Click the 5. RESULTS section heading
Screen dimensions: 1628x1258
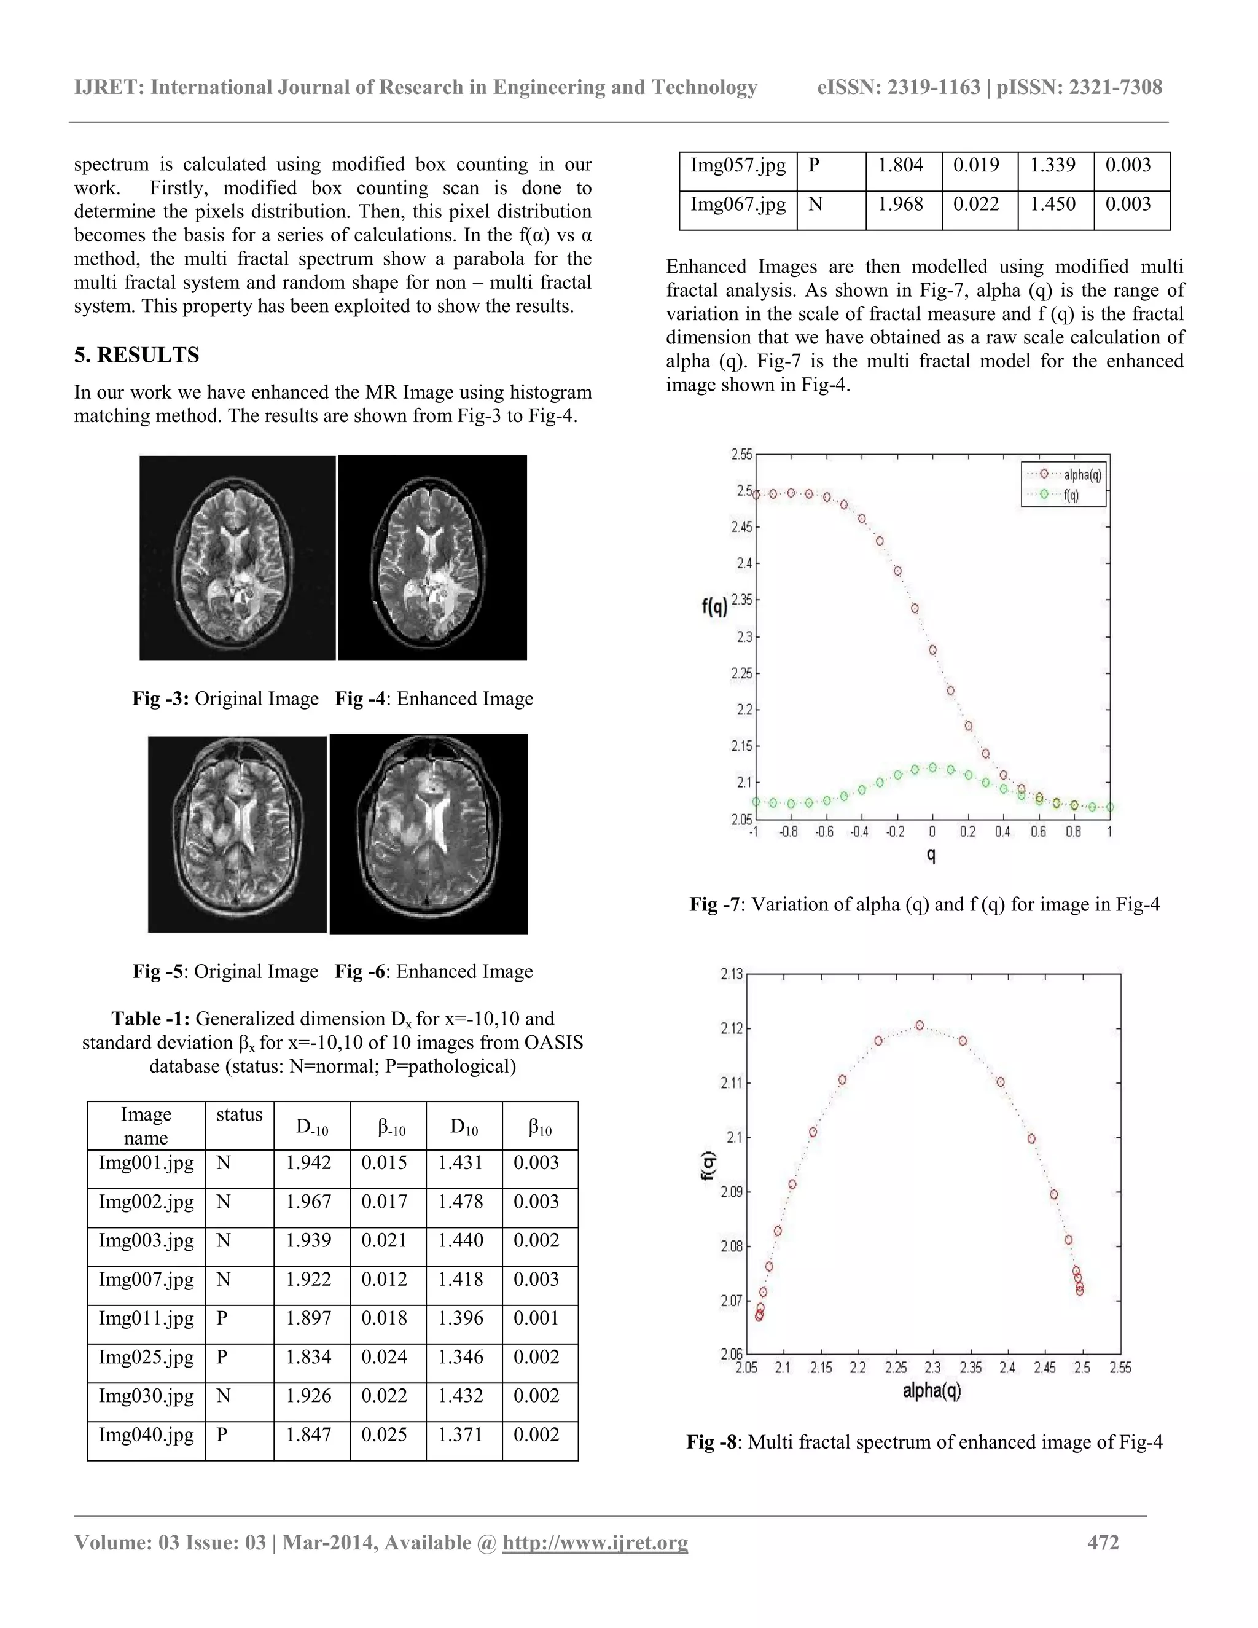[136, 355]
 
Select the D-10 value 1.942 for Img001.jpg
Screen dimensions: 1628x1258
[308, 1163]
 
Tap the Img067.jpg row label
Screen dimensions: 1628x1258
[738, 204]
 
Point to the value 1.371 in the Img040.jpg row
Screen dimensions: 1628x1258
[460, 1434]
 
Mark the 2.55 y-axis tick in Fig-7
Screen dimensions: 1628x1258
[741, 454]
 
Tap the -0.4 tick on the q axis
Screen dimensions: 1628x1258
[859, 832]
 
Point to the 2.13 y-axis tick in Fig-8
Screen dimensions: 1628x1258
[732, 974]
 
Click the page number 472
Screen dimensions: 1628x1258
[1103, 1542]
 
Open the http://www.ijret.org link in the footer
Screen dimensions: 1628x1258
[595, 1542]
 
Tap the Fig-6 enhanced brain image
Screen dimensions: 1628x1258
[429, 834]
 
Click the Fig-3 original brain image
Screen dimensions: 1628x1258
[237, 558]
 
